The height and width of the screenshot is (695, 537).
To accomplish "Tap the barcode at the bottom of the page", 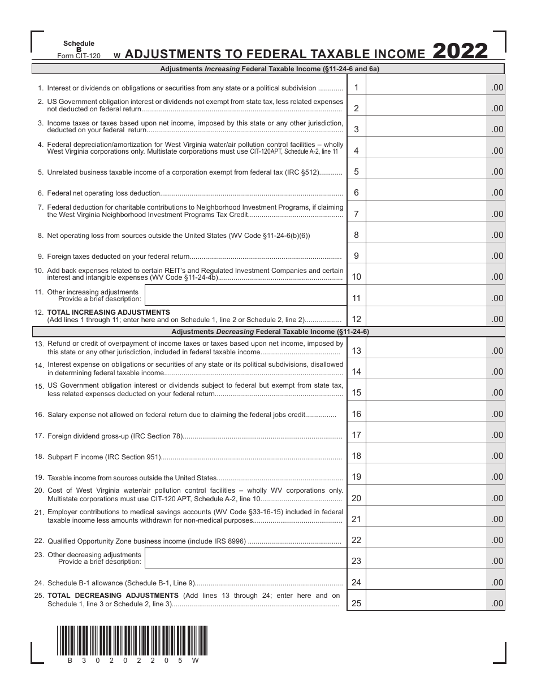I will (x=132, y=640).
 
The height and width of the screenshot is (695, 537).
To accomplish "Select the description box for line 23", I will (x=245, y=558).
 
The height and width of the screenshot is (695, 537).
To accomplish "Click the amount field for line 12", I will (x=426, y=319).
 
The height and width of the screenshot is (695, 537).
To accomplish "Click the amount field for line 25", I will (x=426, y=603).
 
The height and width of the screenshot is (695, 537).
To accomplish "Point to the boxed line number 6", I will (x=356, y=193).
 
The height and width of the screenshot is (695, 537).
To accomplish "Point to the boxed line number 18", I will (x=356, y=456).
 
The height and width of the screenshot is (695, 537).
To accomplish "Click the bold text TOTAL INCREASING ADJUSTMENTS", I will (x=109, y=312).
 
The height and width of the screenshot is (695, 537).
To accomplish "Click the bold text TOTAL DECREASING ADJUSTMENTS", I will (x=113, y=596).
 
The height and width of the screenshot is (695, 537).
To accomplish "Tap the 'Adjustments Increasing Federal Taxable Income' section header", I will (x=268, y=69).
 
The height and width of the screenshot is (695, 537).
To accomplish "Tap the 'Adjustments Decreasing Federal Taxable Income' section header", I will (x=268, y=332).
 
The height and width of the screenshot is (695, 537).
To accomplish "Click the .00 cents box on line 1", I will (x=496, y=88).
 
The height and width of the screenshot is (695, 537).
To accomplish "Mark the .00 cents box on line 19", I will (x=496, y=477).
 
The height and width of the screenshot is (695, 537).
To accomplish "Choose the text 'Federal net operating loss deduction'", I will (x=103, y=193).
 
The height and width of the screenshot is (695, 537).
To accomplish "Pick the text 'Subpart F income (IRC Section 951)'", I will (x=104, y=457).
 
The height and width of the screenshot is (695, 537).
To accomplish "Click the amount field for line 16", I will (x=426, y=414).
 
